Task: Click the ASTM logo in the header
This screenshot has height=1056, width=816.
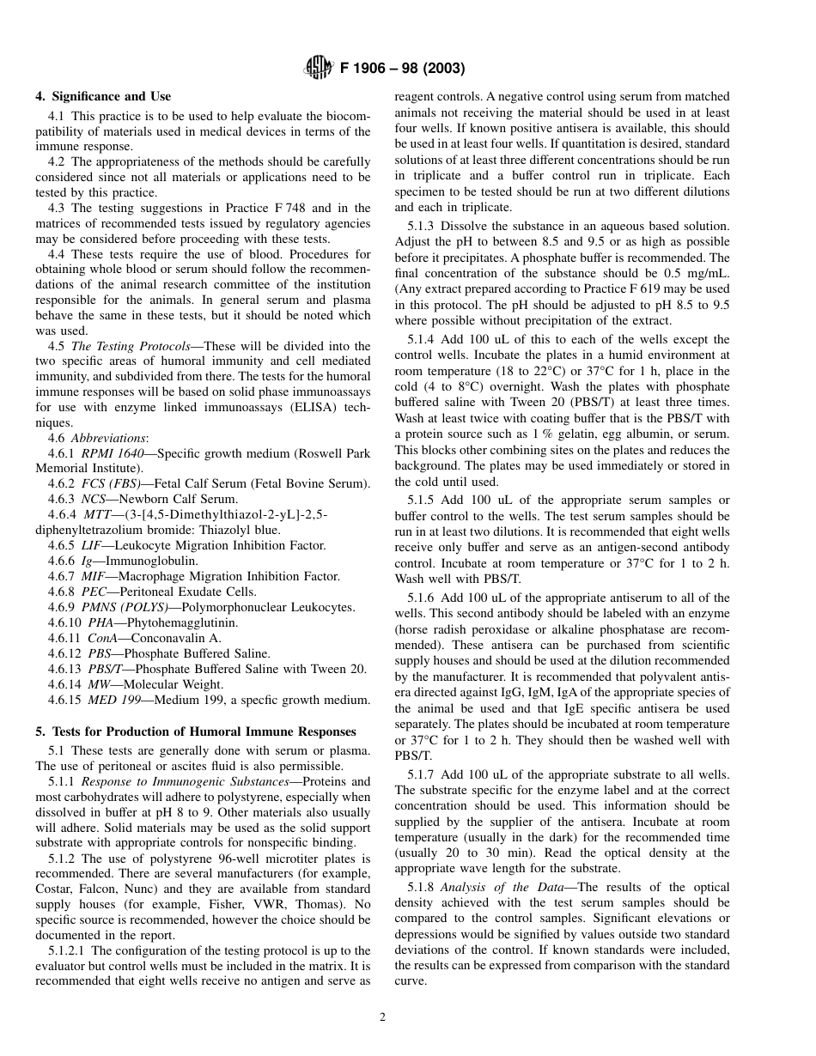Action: [318, 67]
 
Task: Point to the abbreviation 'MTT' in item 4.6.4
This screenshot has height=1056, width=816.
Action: [94, 514]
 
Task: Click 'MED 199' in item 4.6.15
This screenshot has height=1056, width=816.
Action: [113, 700]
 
